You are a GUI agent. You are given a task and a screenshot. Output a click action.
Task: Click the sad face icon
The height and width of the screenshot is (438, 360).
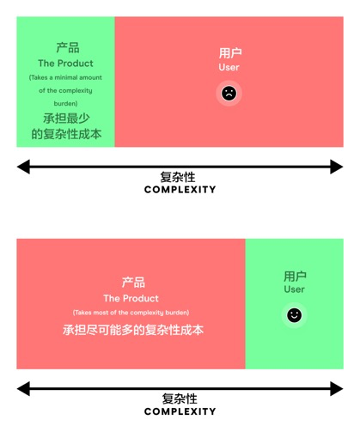[x=229, y=94]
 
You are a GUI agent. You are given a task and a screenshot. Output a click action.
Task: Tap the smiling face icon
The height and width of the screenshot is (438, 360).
[x=294, y=315]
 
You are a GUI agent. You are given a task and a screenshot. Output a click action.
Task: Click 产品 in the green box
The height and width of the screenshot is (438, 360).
[x=68, y=47]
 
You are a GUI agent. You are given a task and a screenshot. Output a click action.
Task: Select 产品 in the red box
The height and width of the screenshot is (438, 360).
[x=133, y=283]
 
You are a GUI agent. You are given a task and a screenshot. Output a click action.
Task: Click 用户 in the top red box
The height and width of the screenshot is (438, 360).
[x=230, y=53]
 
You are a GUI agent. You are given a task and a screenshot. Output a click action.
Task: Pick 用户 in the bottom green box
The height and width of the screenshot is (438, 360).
[x=295, y=277]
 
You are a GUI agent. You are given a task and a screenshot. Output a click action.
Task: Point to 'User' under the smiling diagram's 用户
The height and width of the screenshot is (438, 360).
[x=294, y=289]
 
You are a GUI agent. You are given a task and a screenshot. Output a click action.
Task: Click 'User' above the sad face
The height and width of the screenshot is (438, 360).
[x=229, y=67]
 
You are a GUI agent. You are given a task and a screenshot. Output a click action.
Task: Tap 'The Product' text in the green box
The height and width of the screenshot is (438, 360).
[x=65, y=64]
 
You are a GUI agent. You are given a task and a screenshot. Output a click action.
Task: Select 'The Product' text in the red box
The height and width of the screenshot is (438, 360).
[x=131, y=298]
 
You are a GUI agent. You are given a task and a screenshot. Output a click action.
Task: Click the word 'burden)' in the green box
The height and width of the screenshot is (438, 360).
[x=65, y=103]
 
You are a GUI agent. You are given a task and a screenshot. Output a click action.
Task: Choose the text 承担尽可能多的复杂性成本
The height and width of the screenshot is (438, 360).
[x=133, y=330]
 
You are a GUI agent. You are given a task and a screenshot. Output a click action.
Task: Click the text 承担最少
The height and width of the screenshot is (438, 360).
[x=66, y=119]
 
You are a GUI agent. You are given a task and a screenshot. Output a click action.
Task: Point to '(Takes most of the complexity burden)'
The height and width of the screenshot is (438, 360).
[x=131, y=313]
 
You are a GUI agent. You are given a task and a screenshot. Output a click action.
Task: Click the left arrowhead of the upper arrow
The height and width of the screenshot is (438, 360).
[x=23, y=167]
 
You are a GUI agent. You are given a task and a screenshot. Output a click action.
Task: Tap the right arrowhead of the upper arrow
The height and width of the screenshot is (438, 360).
[x=337, y=167]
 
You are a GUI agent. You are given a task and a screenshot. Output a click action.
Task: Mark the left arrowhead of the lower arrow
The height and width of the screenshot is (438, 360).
[x=23, y=389]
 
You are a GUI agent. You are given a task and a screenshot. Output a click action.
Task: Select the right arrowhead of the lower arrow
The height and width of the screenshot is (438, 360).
[x=337, y=389]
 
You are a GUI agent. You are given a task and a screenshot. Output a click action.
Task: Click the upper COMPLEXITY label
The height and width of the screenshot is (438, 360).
[x=180, y=190]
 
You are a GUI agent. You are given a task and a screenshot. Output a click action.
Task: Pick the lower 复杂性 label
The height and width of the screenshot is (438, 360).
[x=180, y=398]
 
